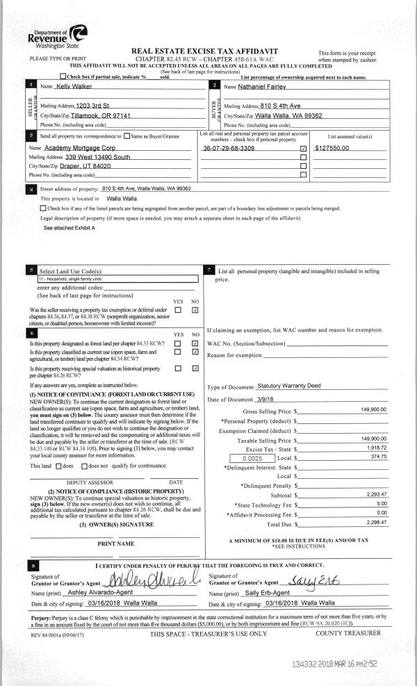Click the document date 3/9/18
pyautogui.click(x=267, y=399)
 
